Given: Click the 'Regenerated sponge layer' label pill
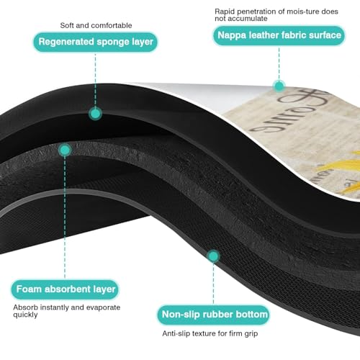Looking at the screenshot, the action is [x=95, y=42].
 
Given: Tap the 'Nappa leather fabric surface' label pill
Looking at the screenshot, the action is [x=279, y=35].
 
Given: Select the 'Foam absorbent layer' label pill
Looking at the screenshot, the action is [x=65, y=289].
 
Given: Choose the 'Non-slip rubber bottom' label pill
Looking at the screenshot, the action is [x=214, y=315].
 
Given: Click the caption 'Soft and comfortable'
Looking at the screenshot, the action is [x=96, y=25].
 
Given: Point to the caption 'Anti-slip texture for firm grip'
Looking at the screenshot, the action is [x=210, y=333].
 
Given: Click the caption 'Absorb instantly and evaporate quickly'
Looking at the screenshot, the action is [x=67, y=311].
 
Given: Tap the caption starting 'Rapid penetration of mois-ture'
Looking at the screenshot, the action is [x=276, y=15].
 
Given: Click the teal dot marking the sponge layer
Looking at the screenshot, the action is [x=95, y=114].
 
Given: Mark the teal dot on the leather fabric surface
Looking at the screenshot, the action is [x=279, y=86].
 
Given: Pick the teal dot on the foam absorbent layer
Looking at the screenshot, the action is [x=65, y=150].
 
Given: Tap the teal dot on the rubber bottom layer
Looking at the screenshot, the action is [x=213, y=256].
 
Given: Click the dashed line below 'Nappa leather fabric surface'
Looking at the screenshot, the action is [x=279, y=63].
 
